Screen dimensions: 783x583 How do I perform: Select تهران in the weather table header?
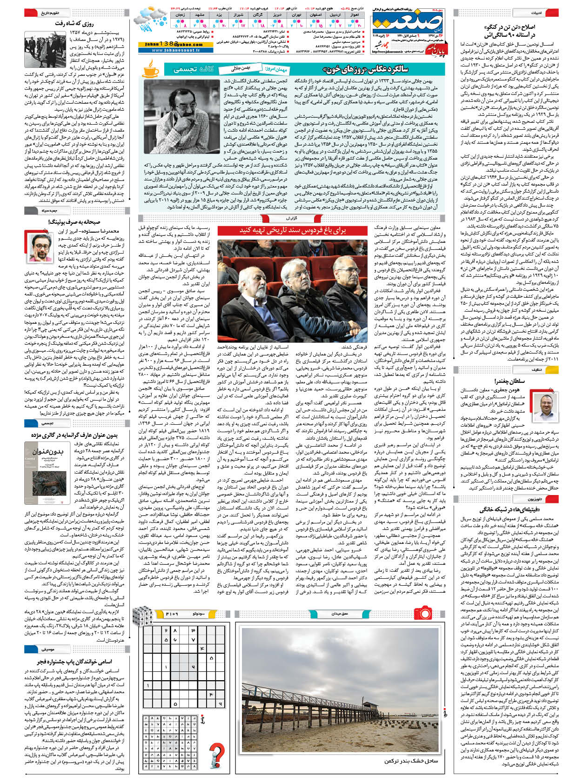pos(296,15)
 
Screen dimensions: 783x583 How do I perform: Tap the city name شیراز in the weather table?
pos(239,15)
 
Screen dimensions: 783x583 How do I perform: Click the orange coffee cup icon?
pos(150,70)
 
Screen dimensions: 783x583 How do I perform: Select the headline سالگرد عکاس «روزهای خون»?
pos(375,69)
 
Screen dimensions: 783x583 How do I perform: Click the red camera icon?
pos(423,611)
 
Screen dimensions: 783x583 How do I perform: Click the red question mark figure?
pos(216,754)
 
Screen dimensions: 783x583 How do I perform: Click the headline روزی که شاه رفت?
pos(74,23)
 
